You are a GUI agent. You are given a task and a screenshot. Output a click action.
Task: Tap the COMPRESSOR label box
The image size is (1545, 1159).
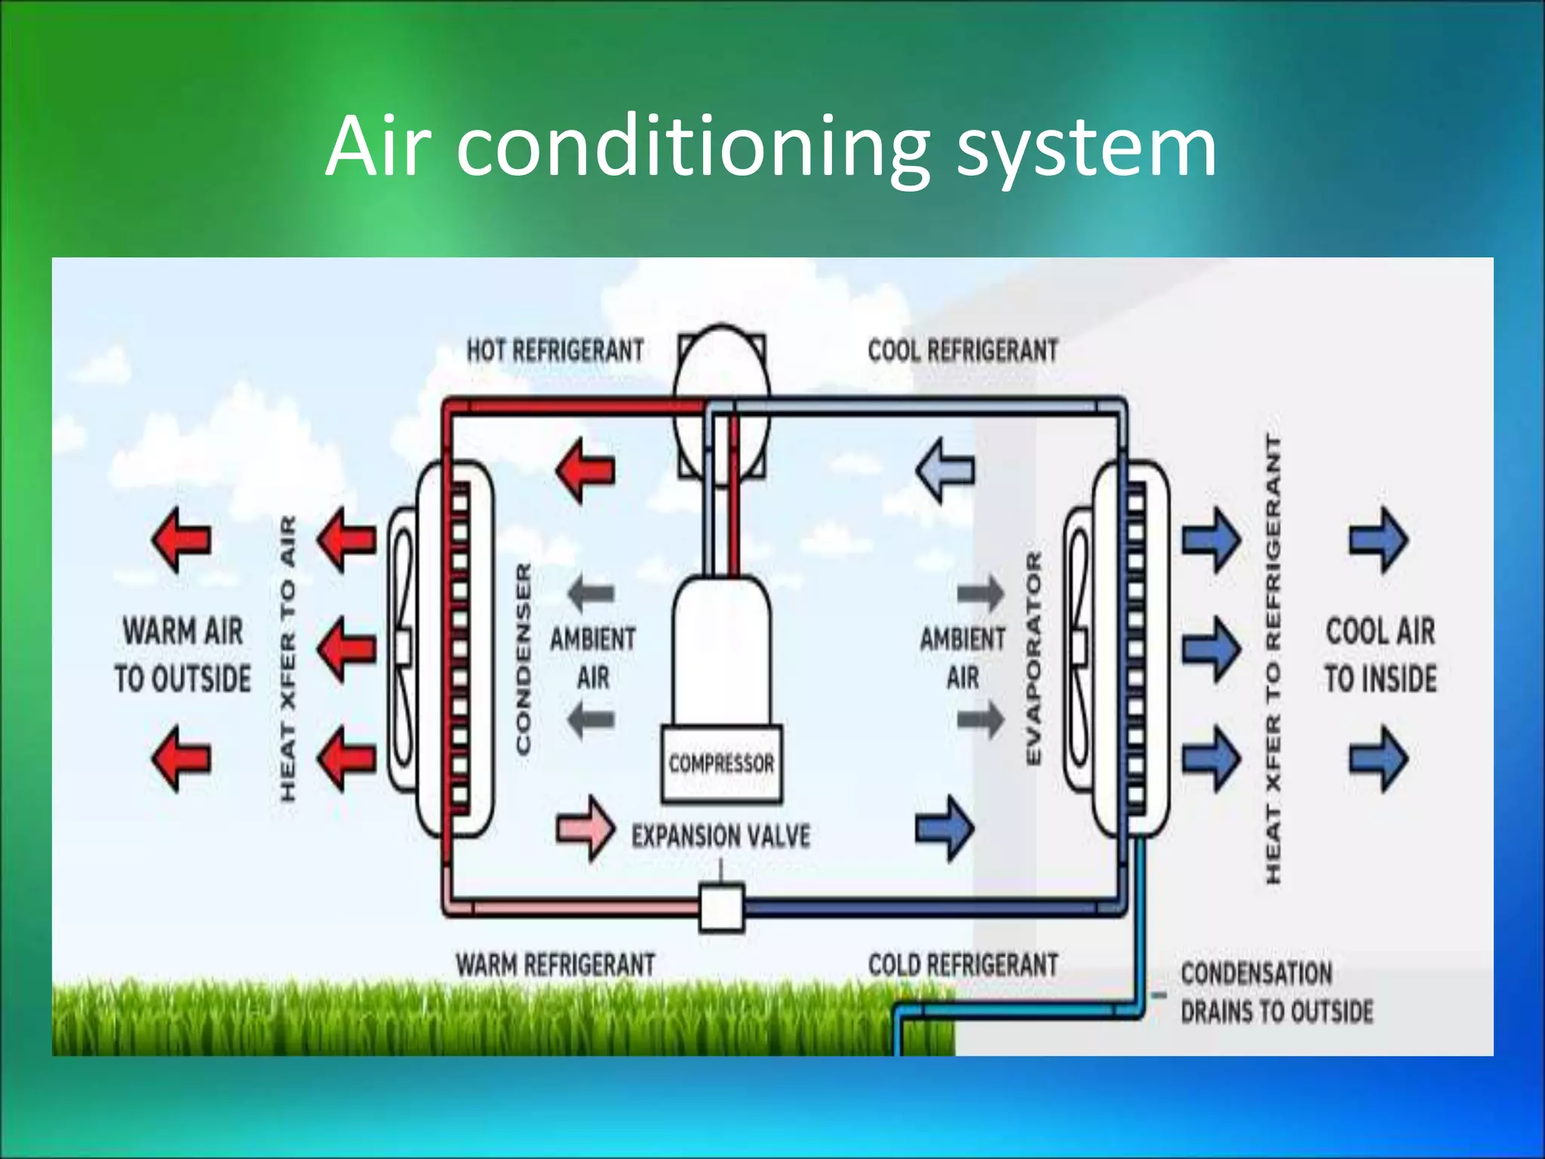click(721, 764)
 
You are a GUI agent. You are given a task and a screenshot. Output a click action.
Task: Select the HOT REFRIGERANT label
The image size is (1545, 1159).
click(555, 351)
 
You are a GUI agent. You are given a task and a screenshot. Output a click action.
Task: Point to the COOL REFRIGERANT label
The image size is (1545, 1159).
click(963, 351)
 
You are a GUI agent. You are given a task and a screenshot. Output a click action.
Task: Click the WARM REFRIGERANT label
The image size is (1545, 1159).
click(555, 964)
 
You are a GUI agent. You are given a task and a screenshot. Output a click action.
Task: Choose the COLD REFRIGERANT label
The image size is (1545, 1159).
click(963, 964)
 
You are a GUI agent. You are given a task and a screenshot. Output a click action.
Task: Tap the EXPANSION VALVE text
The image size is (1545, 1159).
click(720, 836)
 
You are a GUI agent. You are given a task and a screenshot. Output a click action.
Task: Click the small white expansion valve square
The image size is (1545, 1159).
click(721, 908)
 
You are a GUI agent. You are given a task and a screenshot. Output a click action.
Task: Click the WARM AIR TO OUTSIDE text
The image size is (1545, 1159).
click(183, 654)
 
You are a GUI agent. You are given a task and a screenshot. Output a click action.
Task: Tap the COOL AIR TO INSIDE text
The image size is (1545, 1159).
click(1381, 654)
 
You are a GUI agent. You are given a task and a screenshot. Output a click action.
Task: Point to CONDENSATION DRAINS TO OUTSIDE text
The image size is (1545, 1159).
click(1276, 991)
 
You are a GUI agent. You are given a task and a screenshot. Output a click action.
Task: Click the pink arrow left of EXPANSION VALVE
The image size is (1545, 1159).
click(585, 829)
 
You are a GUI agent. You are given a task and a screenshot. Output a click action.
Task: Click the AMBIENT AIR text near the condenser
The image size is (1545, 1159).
click(592, 657)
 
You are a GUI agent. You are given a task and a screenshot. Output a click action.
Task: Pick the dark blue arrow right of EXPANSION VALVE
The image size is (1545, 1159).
click(945, 829)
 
